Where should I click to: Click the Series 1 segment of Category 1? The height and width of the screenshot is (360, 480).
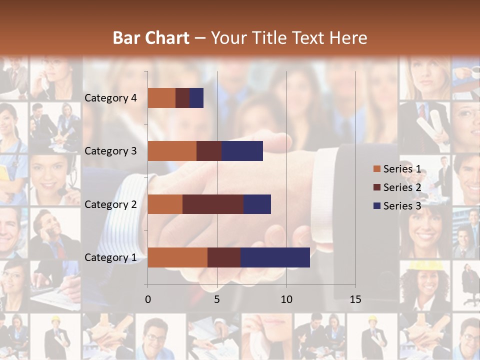pyautogui.click(x=177, y=257)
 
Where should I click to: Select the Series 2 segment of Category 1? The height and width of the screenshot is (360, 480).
pyautogui.click(x=223, y=257)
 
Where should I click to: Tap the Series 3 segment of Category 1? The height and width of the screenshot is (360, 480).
pyautogui.click(x=275, y=257)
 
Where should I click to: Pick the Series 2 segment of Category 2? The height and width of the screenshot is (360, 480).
pyautogui.click(x=212, y=204)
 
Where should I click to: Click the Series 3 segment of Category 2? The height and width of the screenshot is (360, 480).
pyautogui.click(x=257, y=204)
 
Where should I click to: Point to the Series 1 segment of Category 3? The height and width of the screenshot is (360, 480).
pyautogui.click(x=171, y=151)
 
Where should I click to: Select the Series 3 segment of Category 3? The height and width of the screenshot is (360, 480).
pyautogui.click(x=242, y=151)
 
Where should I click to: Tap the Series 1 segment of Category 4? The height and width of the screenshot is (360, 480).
pyautogui.click(x=161, y=98)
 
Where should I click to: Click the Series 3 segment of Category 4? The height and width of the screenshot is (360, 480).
pyautogui.click(x=196, y=98)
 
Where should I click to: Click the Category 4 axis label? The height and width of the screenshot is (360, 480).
pyautogui.click(x=110, y=98)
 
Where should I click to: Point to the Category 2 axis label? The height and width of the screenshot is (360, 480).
pyautogui.click(x=110, y=204)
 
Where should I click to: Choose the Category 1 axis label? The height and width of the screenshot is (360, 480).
pyautogui.click(x=110, y=257)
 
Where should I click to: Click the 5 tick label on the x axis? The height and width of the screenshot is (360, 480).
pyautogui.click(x=217, y=299)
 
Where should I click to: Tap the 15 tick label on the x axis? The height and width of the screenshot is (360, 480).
pyautogui.click(x=355, y=299)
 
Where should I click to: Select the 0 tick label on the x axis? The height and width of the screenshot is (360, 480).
pyautogui.click(x=147, y=299)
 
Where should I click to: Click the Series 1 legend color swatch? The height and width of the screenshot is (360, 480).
pyautogui.click(x=376, y=169)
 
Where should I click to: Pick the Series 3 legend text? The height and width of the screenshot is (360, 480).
pyautogui.click(x=402, y=206)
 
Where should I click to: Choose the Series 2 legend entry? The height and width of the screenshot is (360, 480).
pyautogui.click(x=397, y=187)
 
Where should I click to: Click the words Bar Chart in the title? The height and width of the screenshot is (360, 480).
pyautogui.click(x=151, y=38)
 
